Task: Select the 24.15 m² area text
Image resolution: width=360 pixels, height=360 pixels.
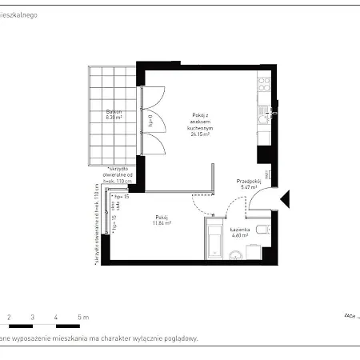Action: click(200, 134)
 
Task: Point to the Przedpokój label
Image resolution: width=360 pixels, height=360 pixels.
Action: click(249, 182)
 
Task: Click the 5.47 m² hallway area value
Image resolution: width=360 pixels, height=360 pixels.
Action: click(249, 188)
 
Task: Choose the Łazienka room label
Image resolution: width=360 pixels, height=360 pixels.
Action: click(241, 230)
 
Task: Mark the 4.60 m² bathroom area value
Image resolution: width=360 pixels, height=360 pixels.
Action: click(241, 236)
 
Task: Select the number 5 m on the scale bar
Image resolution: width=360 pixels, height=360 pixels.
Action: click(82, 318)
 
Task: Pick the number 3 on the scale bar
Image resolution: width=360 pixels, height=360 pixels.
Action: click(32, 318)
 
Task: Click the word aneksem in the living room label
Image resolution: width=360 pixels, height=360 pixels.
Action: click(200, 122)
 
